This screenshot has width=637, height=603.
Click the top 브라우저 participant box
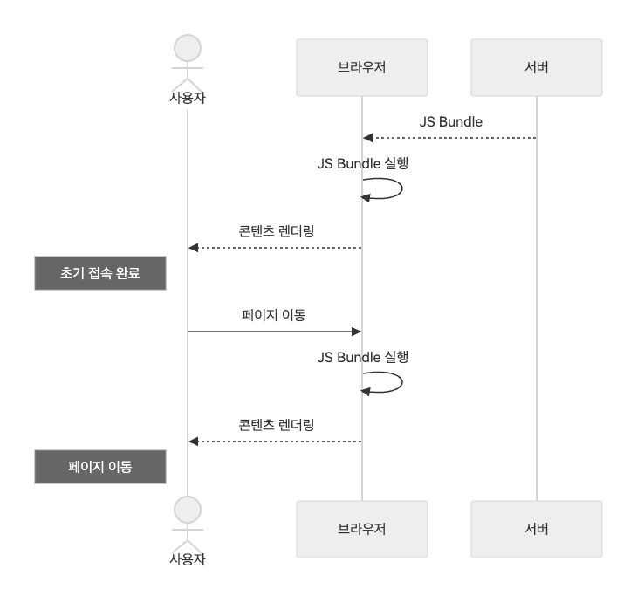click(x=361, y=67)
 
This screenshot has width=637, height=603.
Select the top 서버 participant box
click(x=536, y=67)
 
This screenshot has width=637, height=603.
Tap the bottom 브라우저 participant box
click(x=361, y=529)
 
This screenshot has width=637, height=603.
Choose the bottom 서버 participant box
click(x=536, y=529)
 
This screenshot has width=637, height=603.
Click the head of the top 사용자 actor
click(x=188, y=48)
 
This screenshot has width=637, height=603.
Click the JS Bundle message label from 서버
click(x=450, y=121)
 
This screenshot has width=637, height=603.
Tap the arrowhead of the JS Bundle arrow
click(x=368, y=138)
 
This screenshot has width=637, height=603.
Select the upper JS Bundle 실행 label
click(x=363, y=163)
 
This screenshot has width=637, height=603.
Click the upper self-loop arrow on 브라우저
click(x=400, y=188)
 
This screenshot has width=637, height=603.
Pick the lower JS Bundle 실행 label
click(x=363, y=357)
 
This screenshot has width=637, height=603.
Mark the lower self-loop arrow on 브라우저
click(x=400, y=382)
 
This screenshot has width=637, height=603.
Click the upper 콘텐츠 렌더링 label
click(x=276, y=231)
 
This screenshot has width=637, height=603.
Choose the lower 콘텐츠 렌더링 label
click(x=276, y=425)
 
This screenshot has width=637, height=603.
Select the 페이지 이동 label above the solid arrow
click(x=274, y=315)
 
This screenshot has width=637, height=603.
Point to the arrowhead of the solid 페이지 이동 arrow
click(x=356, y=332)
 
